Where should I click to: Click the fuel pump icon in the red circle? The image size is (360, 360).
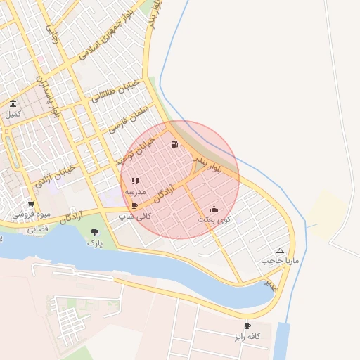[174, 145]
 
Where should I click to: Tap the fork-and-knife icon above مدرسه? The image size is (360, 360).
[135, 181]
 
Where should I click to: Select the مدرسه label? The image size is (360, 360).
[135, 191]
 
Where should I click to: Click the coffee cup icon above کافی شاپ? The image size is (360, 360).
[134, 206]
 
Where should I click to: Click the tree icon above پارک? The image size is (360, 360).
[95, 232]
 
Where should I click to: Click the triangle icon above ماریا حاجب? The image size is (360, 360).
[281, 250]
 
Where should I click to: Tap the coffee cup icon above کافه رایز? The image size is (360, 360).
[247, 326]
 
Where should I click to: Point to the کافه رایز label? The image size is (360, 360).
[247, 337]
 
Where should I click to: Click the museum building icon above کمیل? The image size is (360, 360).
[13, 103]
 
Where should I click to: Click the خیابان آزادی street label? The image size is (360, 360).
[54, 174]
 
